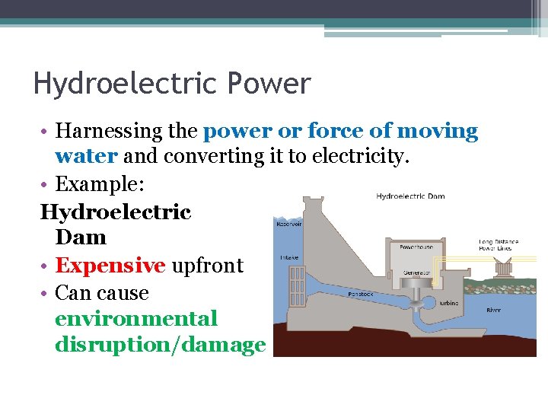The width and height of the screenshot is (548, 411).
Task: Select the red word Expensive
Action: point(110,266)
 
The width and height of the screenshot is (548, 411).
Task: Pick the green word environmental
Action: point(135,318)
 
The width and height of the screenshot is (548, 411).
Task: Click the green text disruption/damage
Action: point(160,345)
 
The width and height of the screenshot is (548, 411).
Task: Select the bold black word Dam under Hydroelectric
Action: point(81,237)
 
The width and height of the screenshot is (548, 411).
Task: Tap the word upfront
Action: point(207,266)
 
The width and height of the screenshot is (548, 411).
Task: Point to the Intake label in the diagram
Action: point(289,256)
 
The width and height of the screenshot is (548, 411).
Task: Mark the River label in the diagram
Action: point(493,310)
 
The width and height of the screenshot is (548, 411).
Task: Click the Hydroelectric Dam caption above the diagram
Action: point(410,196)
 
